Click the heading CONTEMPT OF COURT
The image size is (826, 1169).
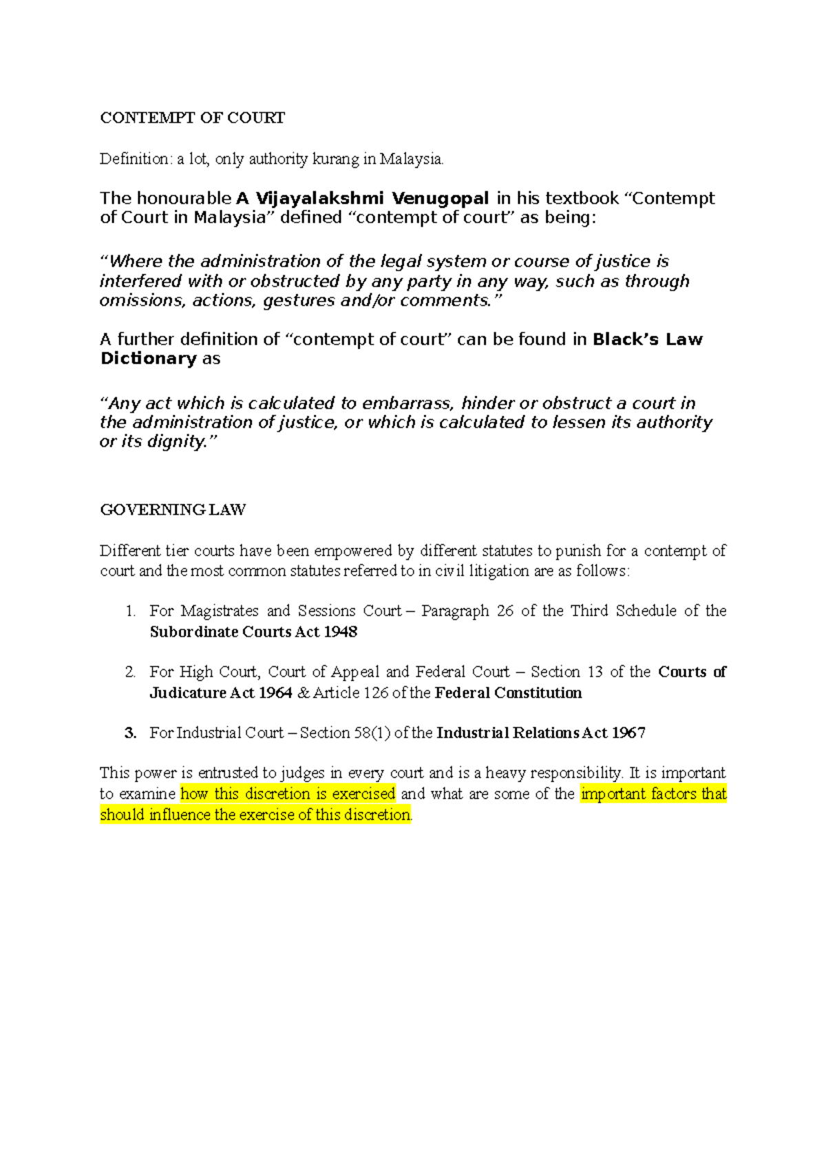coord(192,118)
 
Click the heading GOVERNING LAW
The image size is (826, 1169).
coord(173,510)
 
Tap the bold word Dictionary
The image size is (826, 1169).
coord(149,359)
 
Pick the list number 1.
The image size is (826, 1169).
coord(130,611)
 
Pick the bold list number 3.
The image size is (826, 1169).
coord(130,733)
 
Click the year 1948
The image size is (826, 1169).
coord(340,632)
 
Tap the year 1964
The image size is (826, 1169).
coord(275,693)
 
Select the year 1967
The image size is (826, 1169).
coord(628,733)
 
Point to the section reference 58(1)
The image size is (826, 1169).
coord(372,733)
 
